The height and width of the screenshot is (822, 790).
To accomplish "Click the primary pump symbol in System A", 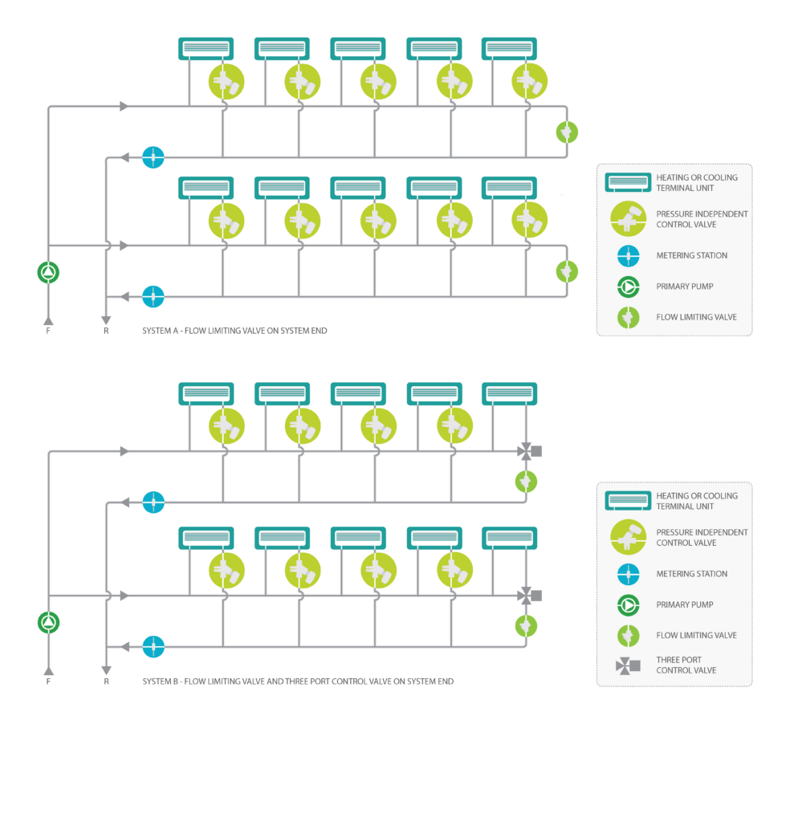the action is (x=48, y=273).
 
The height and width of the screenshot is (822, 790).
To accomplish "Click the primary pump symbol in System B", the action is (x=49, y=622).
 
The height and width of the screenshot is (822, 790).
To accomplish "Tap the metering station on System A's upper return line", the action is (x=153, y=157).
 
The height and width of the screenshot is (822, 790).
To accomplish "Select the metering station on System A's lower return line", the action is (x=153, y=297).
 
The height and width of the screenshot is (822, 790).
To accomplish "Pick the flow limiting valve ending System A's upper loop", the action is (x=567, y=132).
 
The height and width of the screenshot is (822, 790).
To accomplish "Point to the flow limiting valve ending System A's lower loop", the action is (x=567, y=271).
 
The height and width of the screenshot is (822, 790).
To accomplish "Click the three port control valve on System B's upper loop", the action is (x=529, y=451).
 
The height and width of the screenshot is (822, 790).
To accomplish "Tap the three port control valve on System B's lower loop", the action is (x=529, y=596).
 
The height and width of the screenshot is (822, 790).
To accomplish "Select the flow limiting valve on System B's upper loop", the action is (x=526, y=482).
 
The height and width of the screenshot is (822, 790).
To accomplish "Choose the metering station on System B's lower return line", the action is (x=153, y=646).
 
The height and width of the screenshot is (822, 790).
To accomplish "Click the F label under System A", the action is (x=48, y=331).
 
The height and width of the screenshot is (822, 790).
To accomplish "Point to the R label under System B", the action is (x=107, y=682).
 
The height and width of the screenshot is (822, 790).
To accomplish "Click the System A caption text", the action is (x=234, y=331).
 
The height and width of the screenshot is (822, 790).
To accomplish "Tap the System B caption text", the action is (x=298, y=682).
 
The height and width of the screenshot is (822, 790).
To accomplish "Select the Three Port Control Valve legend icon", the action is (x=628, y=665).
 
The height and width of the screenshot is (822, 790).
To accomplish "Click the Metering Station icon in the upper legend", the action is (x=628, y=256).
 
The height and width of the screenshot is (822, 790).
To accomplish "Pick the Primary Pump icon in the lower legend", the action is (x=628, y=605).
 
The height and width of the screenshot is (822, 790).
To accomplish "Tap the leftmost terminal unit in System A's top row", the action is (x=206, y=49).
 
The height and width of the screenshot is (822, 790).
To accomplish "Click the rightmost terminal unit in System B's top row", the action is (x=510, y=393).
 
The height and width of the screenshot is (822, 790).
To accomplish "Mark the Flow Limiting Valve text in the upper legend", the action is (x=696, y=317).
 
